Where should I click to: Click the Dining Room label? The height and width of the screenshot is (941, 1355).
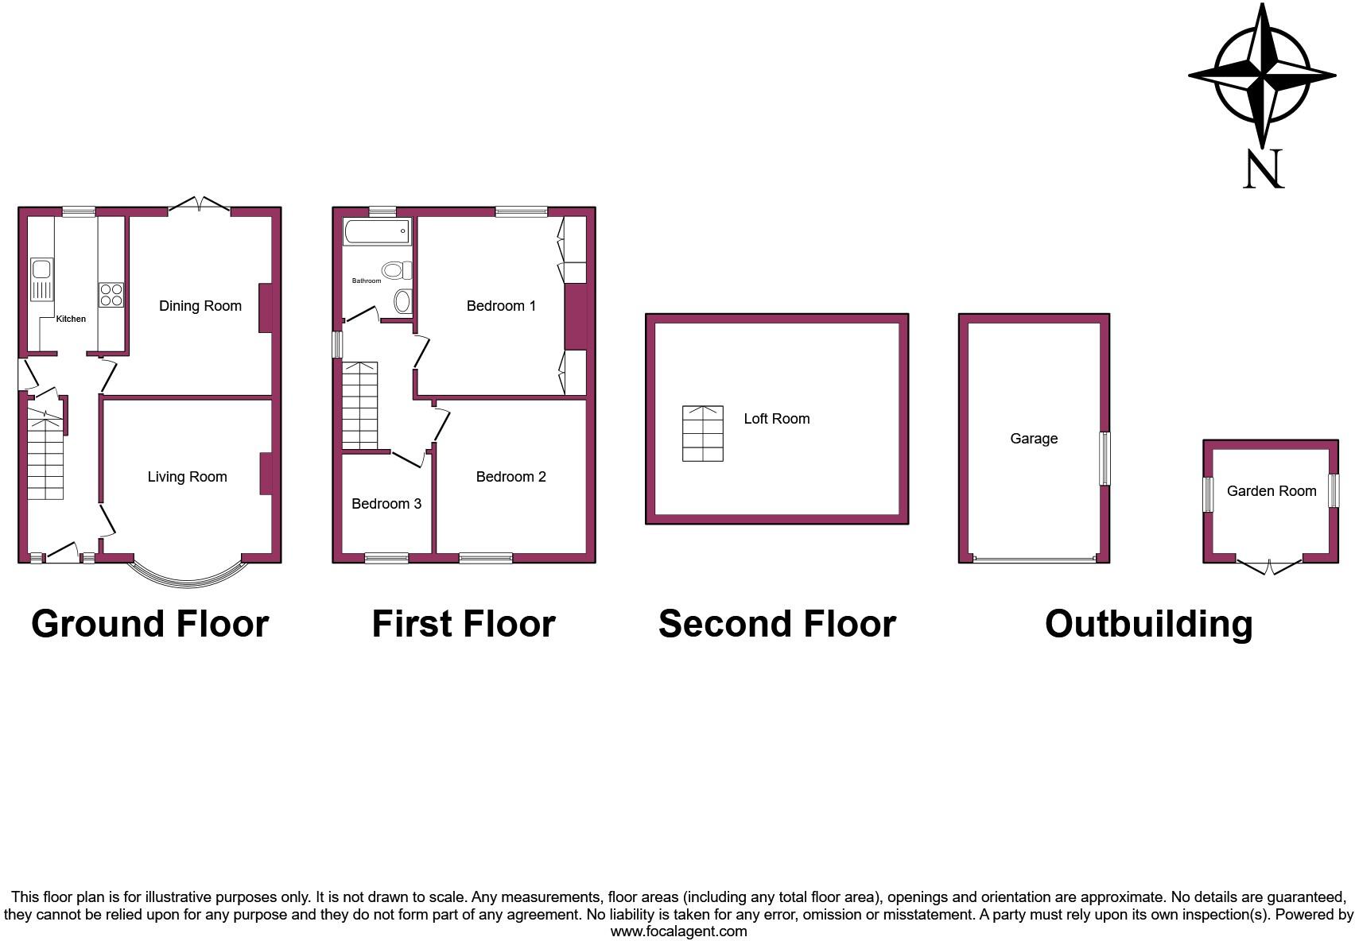(x=200, y=306)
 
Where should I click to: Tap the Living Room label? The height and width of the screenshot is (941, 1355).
(x=187, y=477)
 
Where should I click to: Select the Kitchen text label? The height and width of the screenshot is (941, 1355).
(x=71, y=319)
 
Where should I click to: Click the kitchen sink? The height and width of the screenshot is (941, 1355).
(x=41, y=279)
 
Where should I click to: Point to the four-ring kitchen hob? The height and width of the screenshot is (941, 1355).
(x=111, y=295)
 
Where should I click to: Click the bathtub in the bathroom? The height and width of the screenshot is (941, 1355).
(x=377, y=231)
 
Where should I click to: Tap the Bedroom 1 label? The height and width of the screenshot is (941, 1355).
(x=501, y=306)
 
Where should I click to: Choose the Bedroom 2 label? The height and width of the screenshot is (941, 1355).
(x=511, y=477)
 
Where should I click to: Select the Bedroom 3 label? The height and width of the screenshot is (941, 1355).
(x=386, y=504)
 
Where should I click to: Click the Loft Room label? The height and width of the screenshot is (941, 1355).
(x=777, y=419)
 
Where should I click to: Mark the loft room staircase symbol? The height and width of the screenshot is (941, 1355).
(x=703, y=433)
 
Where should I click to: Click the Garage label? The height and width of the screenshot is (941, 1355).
(x=1034, y=439)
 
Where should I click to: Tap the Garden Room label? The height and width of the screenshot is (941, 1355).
(x=1272, y=491)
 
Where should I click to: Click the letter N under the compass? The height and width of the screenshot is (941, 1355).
(x=1264, y=169)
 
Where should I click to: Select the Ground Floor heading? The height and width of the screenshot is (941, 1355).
(x=149, y=624)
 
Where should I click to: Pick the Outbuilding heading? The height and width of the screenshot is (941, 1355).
(x=1148, y=624)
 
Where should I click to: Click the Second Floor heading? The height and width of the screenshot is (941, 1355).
(x=777, y=624)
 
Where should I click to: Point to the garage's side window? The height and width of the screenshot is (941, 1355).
(x=1105, y=459)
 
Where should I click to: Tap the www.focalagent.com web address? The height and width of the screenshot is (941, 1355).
(x=678, y=931)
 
